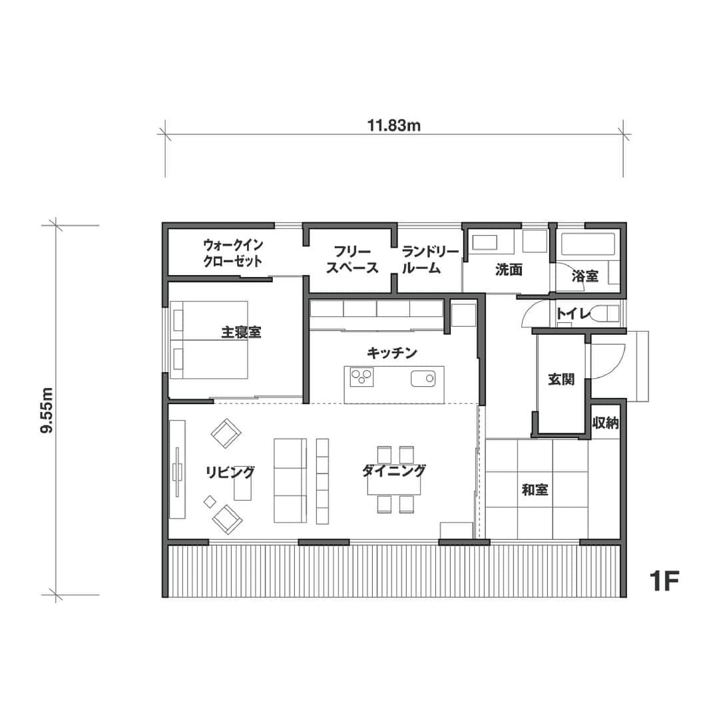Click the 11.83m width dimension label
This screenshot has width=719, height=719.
[x=394, y=125]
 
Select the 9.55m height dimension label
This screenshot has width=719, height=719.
[x=47, y=410]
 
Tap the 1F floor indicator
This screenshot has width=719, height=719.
[x=664, y=581]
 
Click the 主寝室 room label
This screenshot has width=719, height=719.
[x=241, y=332]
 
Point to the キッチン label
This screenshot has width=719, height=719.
[x=391, y=353]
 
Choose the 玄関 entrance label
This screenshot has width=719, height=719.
[x=561, y=379]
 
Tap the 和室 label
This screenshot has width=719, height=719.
[x=535, y=490]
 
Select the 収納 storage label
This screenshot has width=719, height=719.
[x=606, y=422]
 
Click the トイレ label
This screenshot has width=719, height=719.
[x=573, y=314]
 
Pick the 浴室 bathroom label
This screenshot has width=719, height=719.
[x=585, y=276]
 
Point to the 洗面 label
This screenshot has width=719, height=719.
[x=509, y=270]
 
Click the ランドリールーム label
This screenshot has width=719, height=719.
[x=430, y=260]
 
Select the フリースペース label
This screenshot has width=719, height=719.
[x=352, y=260]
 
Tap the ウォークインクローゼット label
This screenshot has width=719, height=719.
[x=233, y=253]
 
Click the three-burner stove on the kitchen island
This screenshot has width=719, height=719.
[x=361, y=377]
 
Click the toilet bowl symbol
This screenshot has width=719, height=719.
[x=604, y=314]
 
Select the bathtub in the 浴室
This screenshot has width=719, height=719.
[x=588, y=245]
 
